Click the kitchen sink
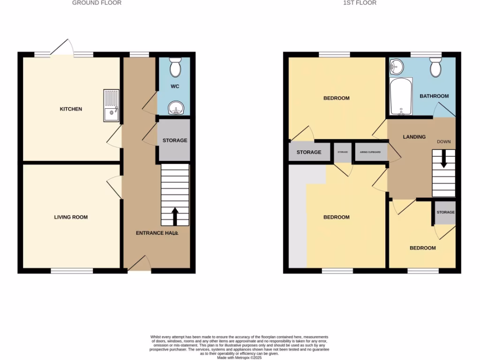point(112,106)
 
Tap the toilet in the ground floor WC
point(175,67)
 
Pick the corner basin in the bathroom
point(396,67)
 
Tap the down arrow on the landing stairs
point(443,160)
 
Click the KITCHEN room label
point(71,109)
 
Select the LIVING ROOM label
point(71,217)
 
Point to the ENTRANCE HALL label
point(157,233)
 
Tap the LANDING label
point(414,137)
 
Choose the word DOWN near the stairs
point(443,142)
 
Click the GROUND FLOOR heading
point(97,3)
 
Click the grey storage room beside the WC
point(174,140)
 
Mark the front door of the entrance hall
point(139,264)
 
